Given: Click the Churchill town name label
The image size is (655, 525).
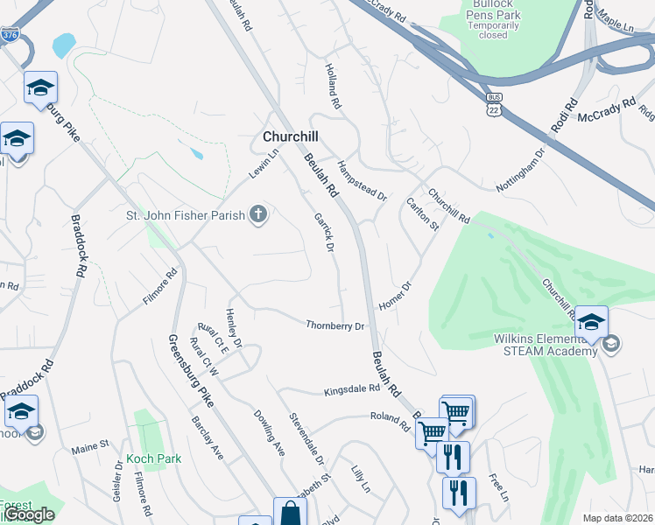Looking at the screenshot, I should coord(290,136).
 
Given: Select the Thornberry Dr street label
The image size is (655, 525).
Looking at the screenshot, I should coord(335,326).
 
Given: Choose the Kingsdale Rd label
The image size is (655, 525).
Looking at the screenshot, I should coord(351,388).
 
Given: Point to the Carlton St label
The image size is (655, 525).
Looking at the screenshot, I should coord(422,215).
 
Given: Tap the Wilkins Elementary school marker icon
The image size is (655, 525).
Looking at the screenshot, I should coord(592,321).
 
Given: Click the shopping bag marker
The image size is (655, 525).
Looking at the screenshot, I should coord(290,513).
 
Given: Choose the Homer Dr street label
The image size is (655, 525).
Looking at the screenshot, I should coord(394,296).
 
